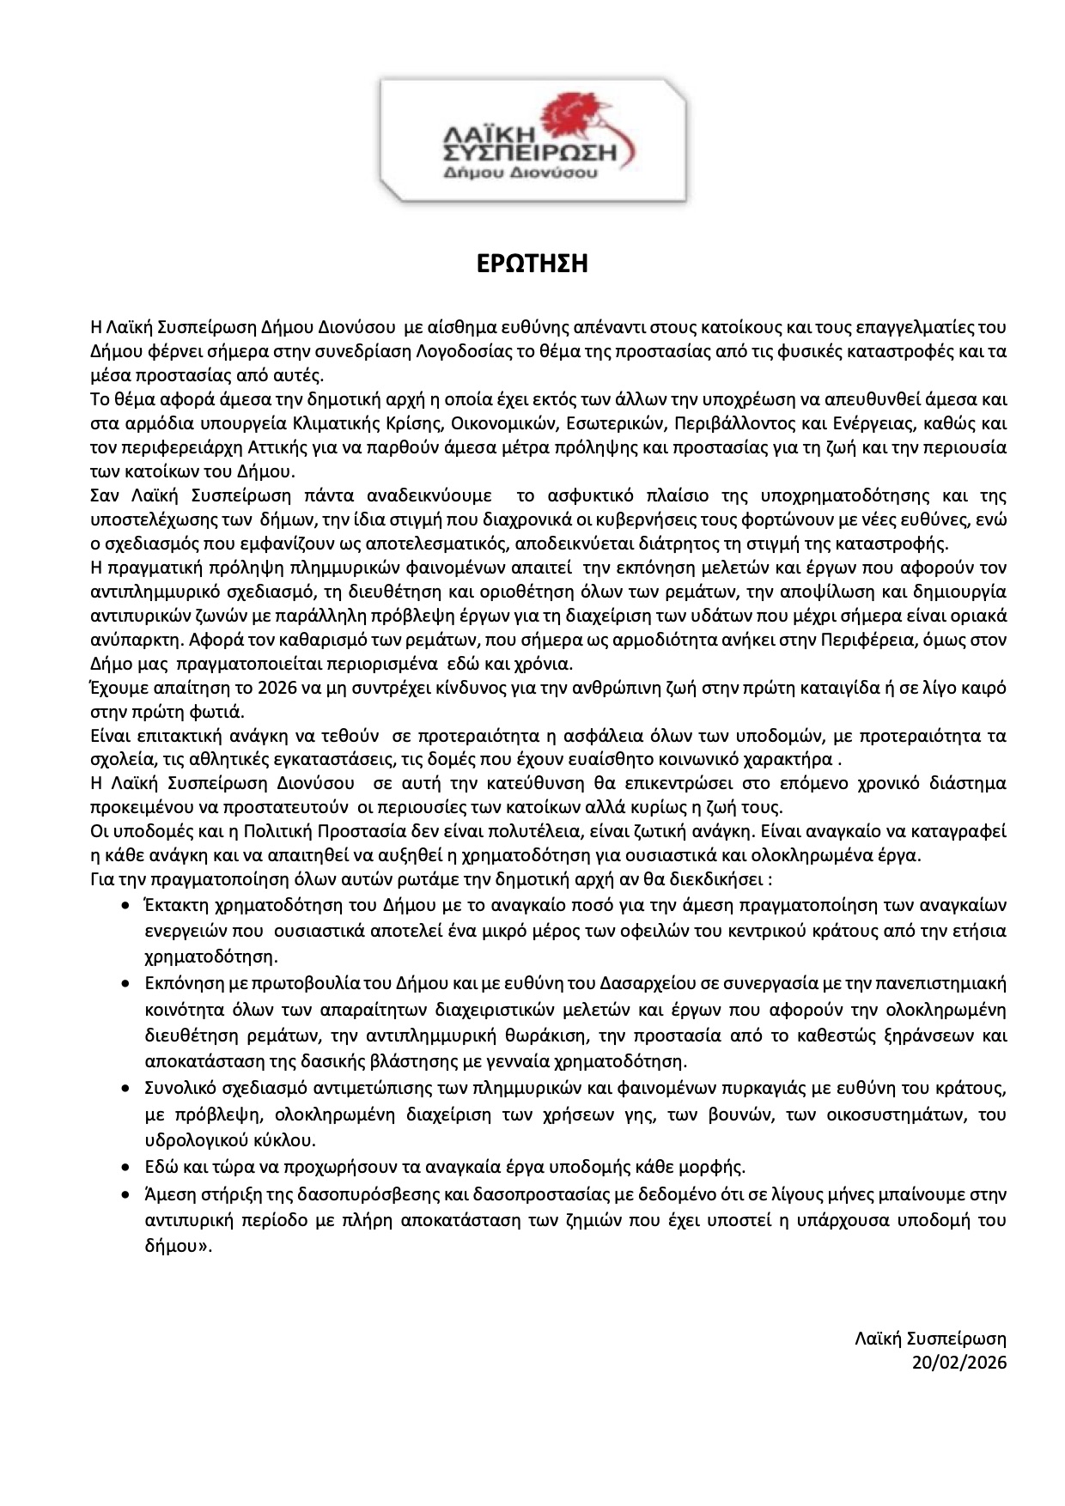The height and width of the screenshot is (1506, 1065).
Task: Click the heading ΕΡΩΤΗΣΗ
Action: pyautogui.click(x=532, y=264)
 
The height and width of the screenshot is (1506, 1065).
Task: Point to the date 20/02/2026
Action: pyautogui.click(x=959, y=1363)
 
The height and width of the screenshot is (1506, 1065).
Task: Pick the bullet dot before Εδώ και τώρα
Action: pyautogui.click(x=126, y=1169)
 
